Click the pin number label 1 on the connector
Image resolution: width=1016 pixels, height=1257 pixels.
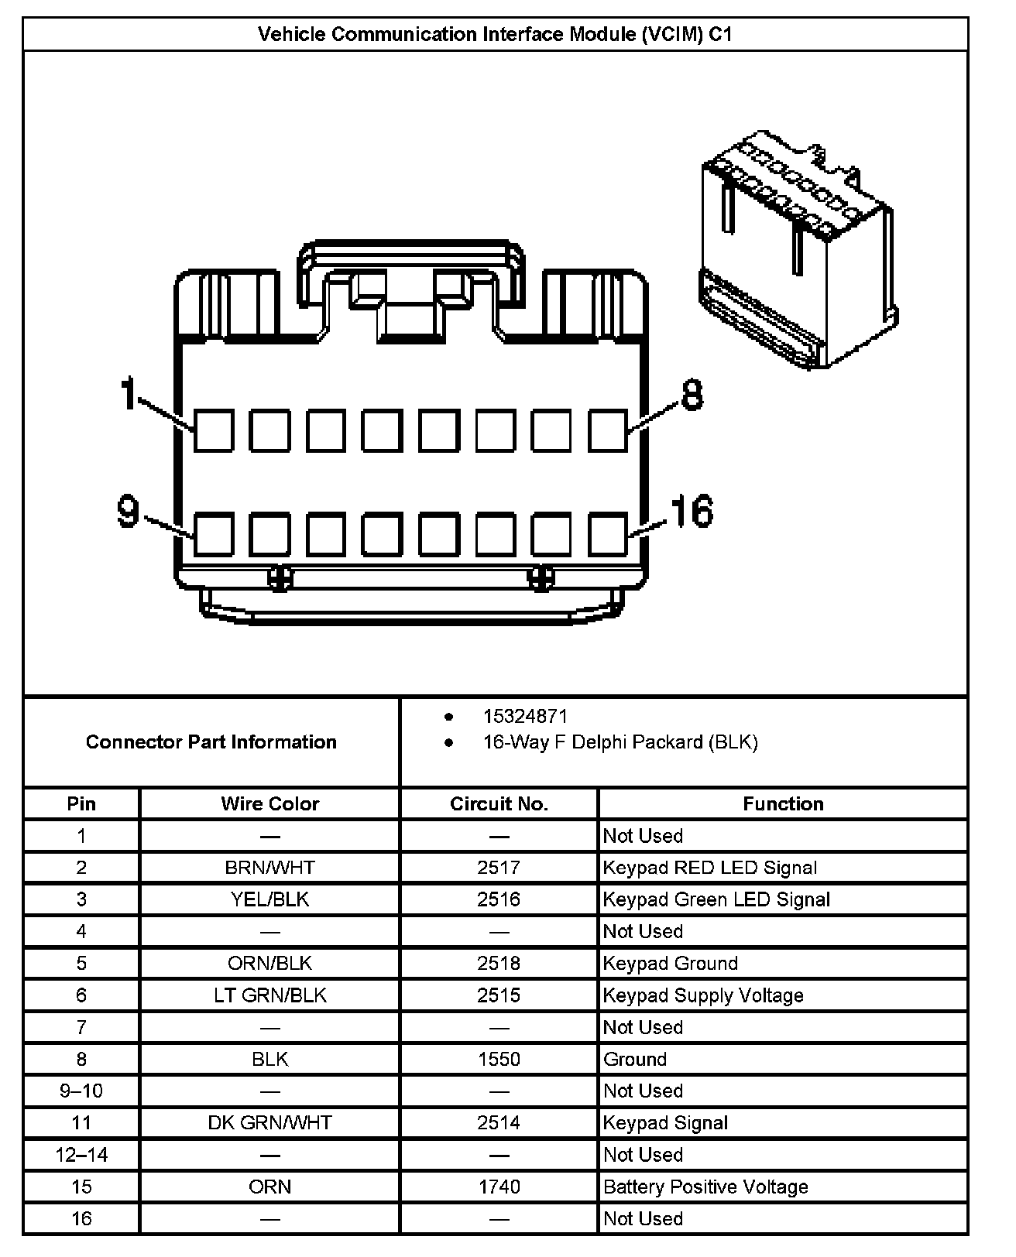129,393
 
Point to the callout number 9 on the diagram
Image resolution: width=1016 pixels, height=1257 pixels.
129,512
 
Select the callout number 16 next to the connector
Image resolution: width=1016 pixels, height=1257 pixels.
692,512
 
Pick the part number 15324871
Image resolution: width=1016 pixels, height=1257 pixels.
525,717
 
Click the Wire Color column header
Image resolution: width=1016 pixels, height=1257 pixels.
269,803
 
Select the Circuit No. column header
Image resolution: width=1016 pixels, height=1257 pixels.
499,803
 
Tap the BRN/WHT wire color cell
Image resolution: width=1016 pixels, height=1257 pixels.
269,868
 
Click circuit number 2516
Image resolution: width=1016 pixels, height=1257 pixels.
499,899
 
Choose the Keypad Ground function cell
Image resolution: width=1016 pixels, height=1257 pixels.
671,964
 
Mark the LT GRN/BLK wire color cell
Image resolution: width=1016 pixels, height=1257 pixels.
269,995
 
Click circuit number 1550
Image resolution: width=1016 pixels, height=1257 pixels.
499,1059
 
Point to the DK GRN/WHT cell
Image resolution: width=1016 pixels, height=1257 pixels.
269,1122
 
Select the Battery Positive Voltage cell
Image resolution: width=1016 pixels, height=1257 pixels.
705,1187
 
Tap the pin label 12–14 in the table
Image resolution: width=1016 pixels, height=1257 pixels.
81,1155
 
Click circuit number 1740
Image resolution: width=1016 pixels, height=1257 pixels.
499,1187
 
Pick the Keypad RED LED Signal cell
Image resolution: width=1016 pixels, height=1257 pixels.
709,868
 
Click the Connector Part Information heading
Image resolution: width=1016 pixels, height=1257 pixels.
211,742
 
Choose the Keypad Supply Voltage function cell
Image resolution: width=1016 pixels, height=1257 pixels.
703,995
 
